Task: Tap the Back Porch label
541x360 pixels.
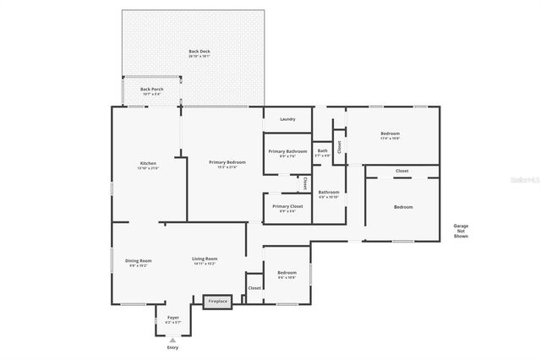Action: point(152,90)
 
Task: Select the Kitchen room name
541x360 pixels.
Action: point(148,164)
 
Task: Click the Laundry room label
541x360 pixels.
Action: point(287,119)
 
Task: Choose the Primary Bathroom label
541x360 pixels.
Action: point(287,153)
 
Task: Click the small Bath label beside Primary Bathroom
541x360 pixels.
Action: point(323,152)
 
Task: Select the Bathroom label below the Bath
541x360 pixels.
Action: point(329,194)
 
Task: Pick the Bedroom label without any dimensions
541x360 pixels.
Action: point(403,207)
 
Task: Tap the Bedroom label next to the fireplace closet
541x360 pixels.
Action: point(287,274)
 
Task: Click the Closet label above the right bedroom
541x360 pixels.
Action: point(402,172)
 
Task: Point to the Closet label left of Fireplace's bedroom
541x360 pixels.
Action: point(254,288)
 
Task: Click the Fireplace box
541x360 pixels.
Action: point(218,301)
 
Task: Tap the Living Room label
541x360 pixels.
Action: point(205,260)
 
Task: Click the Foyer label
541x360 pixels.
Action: point(172,319)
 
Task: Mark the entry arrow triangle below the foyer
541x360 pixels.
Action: point(172,339)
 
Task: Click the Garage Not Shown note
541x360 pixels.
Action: point(461,231)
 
